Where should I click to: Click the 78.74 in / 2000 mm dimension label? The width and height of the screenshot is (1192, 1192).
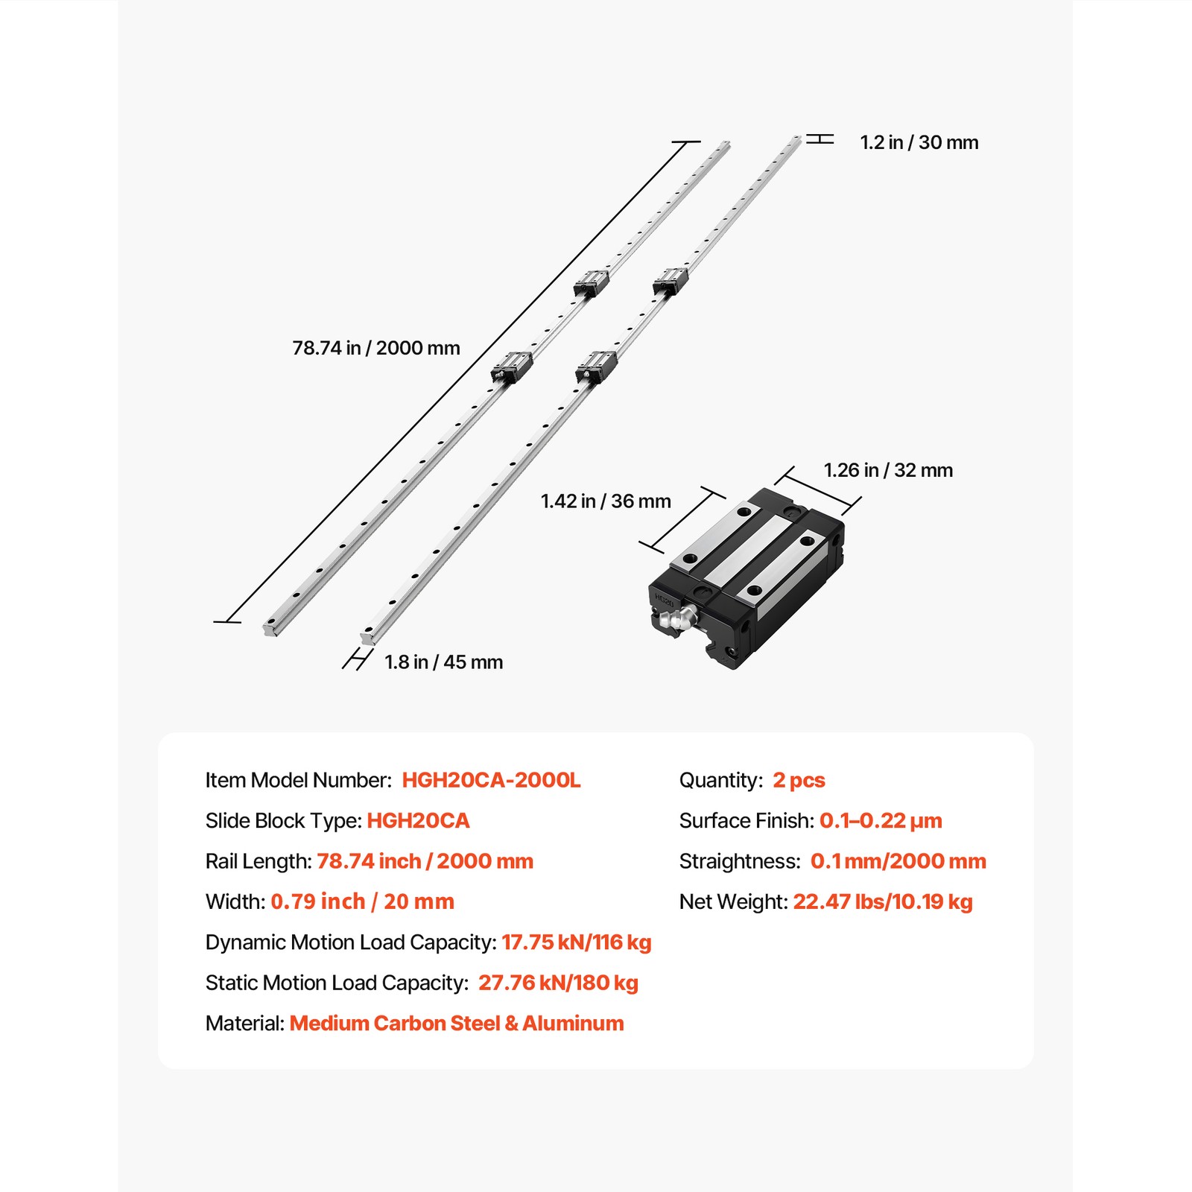[x=375, y=348]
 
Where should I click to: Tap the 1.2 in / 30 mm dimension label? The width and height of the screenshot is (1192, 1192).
[x=919, y=142]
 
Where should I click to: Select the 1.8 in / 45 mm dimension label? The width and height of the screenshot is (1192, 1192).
[x=443, y=662]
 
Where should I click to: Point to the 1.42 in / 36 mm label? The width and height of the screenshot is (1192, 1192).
[x=605, y=501]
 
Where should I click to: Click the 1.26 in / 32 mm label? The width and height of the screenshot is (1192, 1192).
[x=888, y=470]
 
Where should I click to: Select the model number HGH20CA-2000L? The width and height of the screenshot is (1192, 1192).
[x=491, y=780]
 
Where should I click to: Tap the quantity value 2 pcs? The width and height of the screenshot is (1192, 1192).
[x=799, y=780]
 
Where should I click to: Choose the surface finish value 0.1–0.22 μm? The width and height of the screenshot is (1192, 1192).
[x=881, y=821]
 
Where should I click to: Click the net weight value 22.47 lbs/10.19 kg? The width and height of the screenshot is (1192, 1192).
[x=883, y=902]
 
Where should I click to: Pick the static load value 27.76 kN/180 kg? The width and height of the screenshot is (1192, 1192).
[x=558, y=983]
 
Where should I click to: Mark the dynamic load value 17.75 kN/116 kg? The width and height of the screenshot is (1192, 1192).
[x=576, y=942]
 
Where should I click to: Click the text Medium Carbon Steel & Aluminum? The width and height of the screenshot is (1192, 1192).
[x=457, y=1024]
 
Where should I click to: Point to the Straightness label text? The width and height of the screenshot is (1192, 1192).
[x=739, y=861]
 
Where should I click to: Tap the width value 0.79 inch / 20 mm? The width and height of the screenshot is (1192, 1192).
[x=362, y=902]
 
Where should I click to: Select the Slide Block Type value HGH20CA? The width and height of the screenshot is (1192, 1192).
[x=418, y=821]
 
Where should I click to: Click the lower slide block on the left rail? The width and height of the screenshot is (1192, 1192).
[x=512, y=367]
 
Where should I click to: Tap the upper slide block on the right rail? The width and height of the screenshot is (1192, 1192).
[x=670, y=282]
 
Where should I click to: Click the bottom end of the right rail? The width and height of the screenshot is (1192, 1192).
[x=368, y=637]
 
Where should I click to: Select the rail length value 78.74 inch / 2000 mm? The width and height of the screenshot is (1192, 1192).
[x=425, y=861]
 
